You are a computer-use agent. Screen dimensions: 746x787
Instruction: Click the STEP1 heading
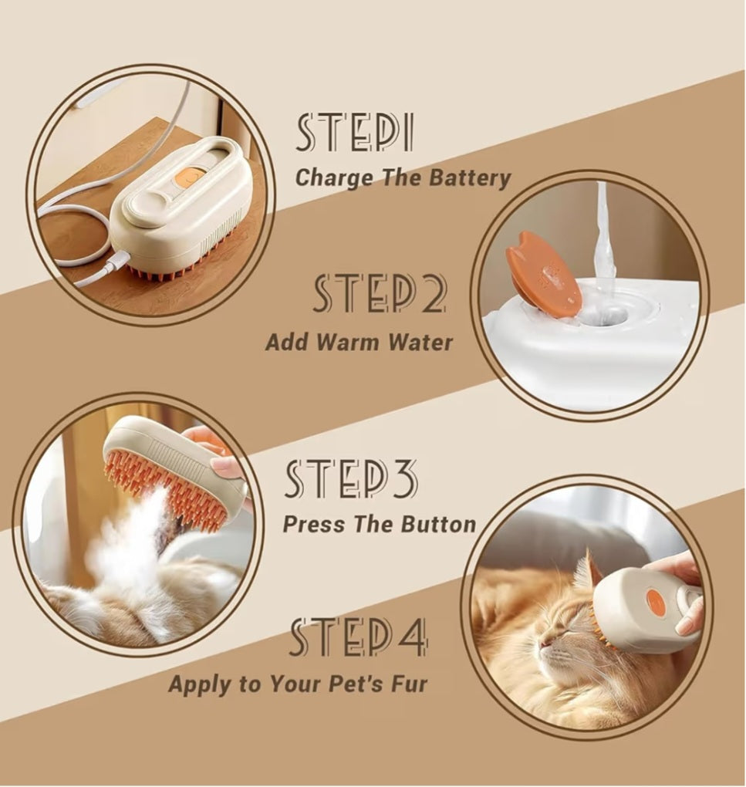click(355, 133)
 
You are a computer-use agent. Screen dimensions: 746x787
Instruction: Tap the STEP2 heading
click(380, 294)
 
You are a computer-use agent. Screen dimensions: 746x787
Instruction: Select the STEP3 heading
click(351, 479)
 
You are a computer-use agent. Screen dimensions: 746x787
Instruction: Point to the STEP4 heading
click(359, 637)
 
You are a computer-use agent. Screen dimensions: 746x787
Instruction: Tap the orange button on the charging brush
click(191, 177)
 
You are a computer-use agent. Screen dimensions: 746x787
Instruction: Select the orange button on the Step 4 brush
click(653, 600)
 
